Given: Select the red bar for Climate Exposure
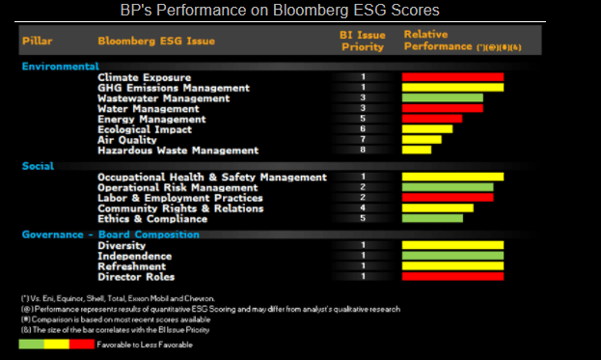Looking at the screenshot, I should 452,76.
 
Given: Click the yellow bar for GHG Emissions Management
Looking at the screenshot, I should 452,87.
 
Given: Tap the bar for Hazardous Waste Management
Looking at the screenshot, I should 416,150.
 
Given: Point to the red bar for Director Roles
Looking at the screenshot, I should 452,276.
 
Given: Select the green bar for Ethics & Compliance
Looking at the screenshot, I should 432,218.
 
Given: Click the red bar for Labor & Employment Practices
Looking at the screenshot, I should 448,197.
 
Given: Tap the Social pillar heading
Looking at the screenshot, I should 39,165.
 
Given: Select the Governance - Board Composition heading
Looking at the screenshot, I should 111,234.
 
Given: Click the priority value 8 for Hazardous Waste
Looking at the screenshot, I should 363,150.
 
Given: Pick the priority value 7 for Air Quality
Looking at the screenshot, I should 363,139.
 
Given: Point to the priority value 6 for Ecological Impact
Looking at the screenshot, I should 363,128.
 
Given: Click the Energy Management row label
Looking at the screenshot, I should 150,119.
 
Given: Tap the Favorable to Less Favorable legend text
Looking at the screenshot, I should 155,342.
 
